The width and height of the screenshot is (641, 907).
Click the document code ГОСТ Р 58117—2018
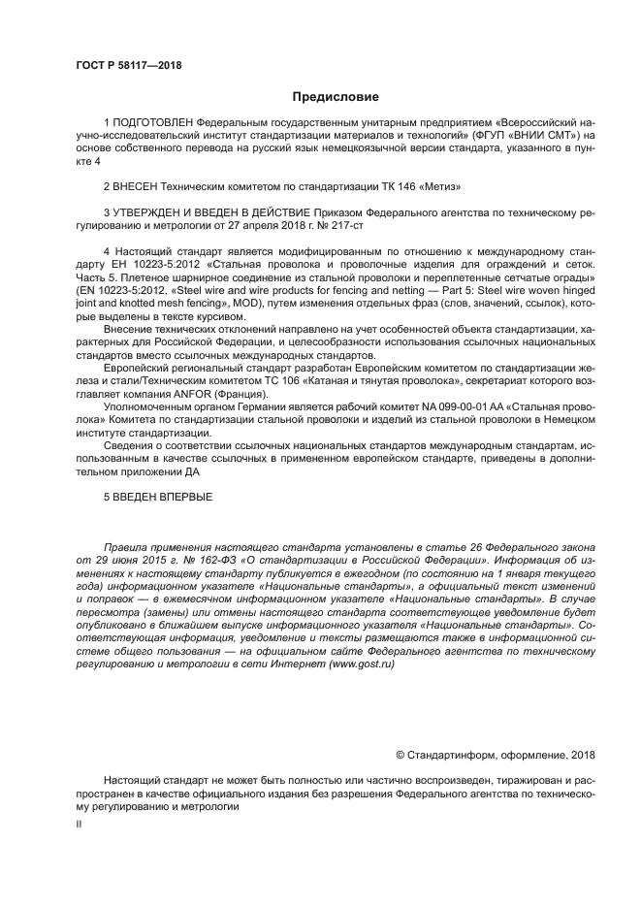128,66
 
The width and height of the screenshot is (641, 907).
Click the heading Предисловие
336,97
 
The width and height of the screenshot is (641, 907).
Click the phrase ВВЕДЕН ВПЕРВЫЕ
164,497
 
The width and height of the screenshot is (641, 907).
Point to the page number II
79,823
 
